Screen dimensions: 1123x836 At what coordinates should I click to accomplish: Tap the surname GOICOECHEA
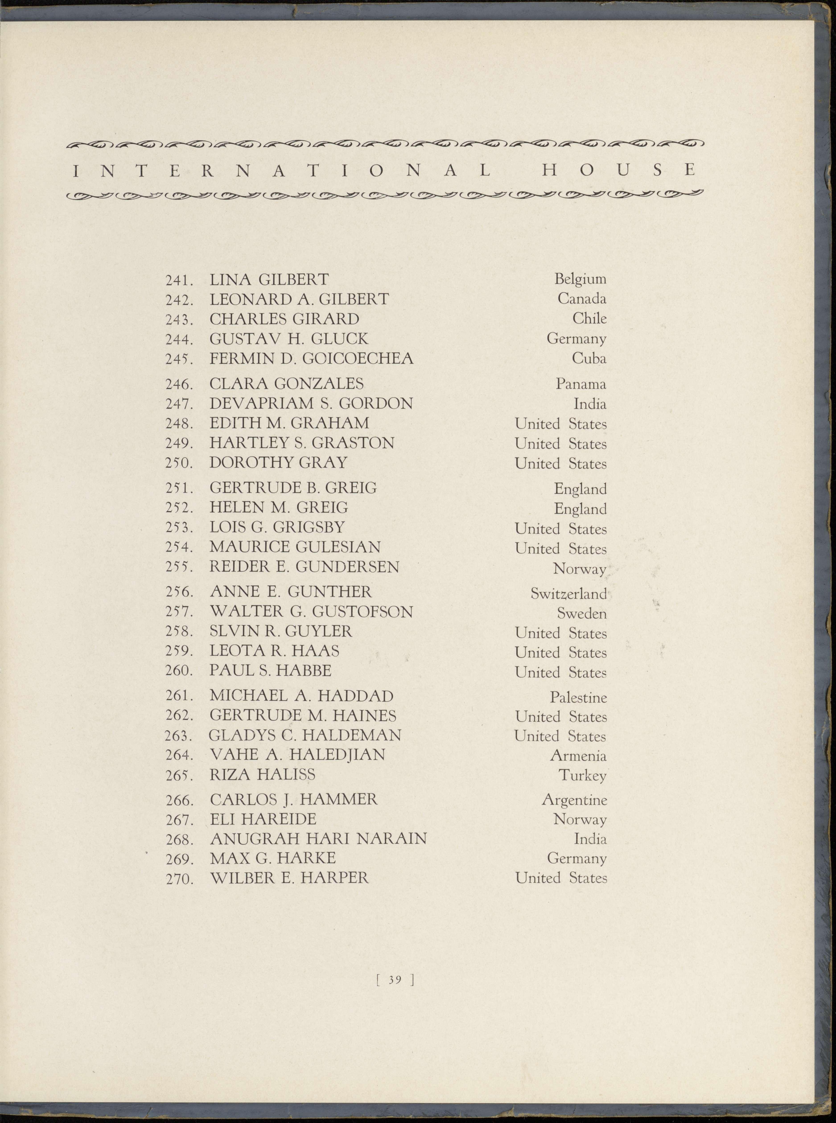pyautogui.click(x=358, y=359)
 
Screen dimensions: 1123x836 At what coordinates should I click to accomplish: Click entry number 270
pyautogui.click(x=179, y=879)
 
